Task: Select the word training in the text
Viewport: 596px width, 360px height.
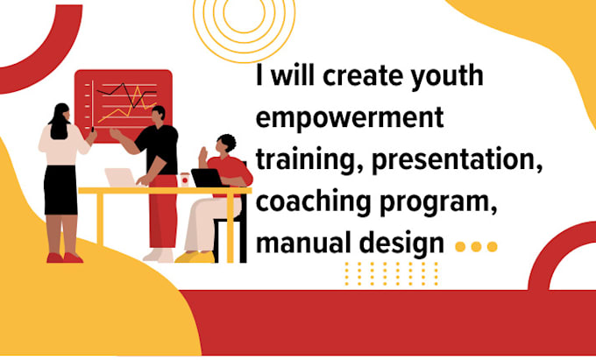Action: (298, 159)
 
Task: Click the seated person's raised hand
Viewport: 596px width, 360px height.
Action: (202, 155)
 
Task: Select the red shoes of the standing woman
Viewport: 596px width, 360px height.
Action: (64, 258)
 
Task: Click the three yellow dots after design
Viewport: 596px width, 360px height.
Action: (476, 247)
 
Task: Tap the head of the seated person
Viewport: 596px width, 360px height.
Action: (226, 145)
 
